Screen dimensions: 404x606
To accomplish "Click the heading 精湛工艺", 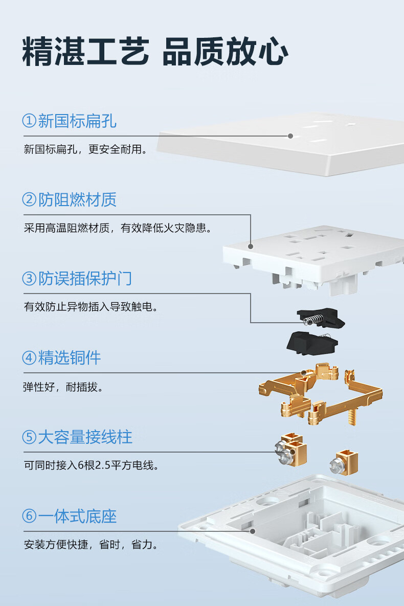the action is (85, 52).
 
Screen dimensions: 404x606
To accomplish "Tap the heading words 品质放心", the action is (225, 52).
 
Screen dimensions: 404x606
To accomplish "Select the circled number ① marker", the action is (29, 121).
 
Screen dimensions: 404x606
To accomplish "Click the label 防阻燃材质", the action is (77, 200).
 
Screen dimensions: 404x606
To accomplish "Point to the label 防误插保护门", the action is (85, 279).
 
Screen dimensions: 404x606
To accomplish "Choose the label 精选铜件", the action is (70, 358).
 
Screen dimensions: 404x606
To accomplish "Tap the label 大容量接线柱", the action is (85, 437).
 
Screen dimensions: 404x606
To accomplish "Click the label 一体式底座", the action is (77, 517).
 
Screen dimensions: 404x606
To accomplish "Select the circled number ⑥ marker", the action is (29, 516).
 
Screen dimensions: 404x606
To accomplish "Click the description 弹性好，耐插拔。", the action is (63, 387).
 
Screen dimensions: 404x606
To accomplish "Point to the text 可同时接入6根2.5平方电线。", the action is (92, 465).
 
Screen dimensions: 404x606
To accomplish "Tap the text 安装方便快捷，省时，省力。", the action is (91, 545).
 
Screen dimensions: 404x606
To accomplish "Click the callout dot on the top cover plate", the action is (290, 136).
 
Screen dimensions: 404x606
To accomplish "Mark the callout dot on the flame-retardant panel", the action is (251, 246).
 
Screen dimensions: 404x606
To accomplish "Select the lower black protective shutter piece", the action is (312, 343).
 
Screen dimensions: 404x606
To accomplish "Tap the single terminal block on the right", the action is (344, 462).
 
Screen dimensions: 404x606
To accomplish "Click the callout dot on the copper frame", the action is (304, 373).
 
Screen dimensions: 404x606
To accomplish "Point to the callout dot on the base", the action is (253, 531).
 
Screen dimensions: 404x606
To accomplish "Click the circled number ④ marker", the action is (29, 357).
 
